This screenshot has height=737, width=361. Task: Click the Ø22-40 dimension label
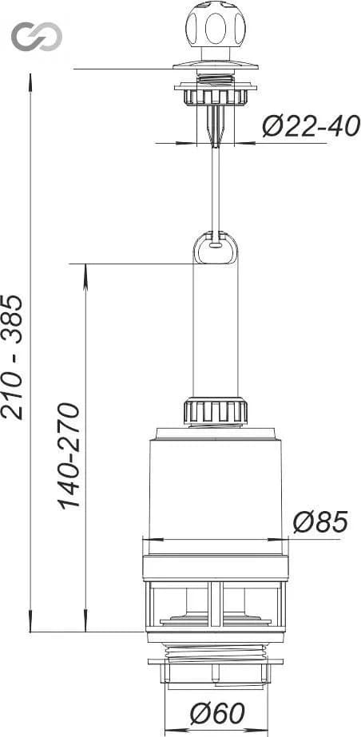tap(311, 126)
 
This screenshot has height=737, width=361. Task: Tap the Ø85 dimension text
tap(320, 521)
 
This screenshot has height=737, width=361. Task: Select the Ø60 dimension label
tap(217, 714)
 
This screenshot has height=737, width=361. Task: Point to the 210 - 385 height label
tap(12, 357)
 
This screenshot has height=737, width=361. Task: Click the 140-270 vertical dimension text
tap(69, 456)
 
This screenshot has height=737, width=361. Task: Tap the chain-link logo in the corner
tap(37, 36)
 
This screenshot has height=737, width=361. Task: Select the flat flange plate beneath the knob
tap(216, 65)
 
